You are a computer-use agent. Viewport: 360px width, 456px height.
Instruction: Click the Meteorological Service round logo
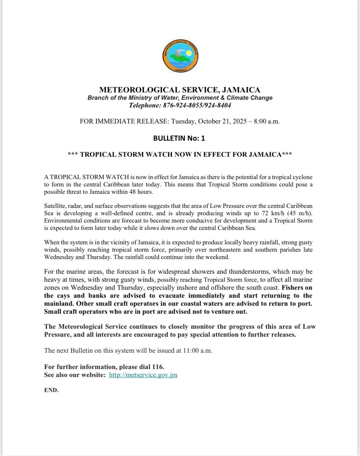click(x=180, y=57)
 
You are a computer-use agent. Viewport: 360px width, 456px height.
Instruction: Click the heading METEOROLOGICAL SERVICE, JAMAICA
click(x=180, y=90)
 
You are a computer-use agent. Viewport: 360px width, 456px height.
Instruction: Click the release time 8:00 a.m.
click(x=267, y=122)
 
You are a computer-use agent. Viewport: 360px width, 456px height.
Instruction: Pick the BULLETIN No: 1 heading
click(x=179, y=138)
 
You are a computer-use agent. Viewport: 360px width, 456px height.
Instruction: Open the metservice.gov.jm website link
click(x=143, y=375)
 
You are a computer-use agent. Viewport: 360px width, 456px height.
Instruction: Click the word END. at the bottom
click(x=51, y=390)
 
